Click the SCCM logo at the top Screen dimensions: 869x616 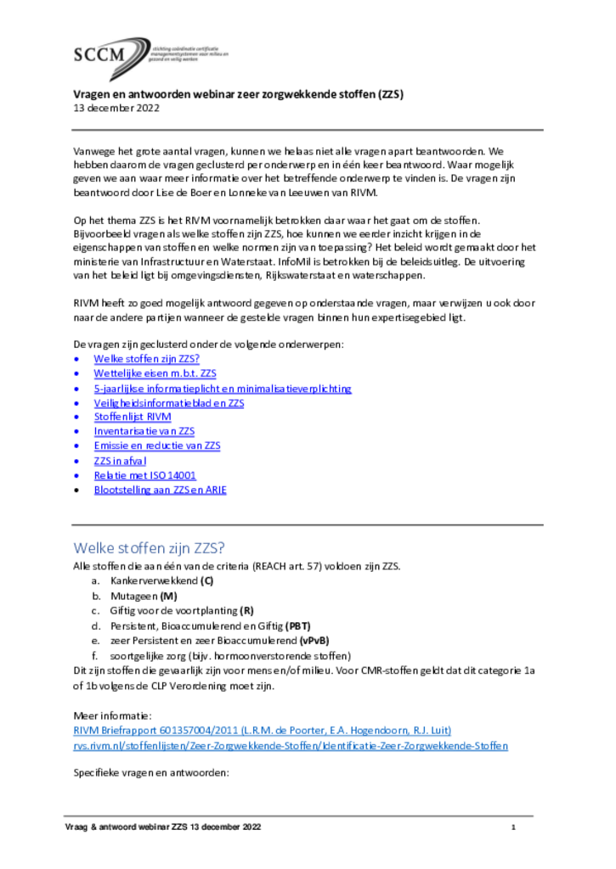110,56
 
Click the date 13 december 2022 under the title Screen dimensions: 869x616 115,109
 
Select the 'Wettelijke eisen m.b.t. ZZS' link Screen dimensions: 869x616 155,373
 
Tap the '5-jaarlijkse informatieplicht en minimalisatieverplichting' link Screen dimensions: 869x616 222,389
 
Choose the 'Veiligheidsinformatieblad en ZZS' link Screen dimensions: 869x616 168,403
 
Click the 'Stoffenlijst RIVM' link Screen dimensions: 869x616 133,418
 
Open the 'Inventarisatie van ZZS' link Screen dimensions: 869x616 144,432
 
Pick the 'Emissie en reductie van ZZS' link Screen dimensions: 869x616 156,446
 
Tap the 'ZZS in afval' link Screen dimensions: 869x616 120,461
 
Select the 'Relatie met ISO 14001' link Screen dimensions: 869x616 144,475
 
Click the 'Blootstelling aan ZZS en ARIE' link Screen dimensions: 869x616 160,490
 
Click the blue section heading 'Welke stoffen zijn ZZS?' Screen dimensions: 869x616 148,547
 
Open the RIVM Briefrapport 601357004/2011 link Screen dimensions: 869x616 262,731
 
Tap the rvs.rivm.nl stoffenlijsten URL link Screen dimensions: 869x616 291,746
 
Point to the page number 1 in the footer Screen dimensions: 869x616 513,827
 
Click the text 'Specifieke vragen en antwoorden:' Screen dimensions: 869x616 151,775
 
